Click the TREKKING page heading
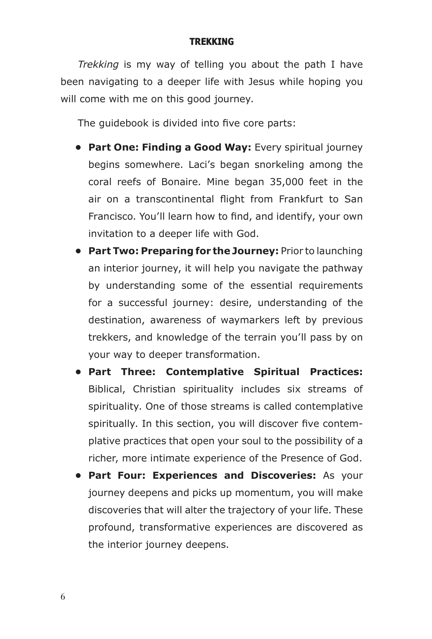(x=212, y=42)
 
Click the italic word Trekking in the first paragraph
(x=98, y=65)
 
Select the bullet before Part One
(x=79, y=147)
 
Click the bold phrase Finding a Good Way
(x=196, y=147)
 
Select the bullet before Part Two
(x=79, y=251)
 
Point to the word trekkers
(x=109, y=337)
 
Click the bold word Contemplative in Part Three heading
(x=205, y=372)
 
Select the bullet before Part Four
(x=79, y=476)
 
